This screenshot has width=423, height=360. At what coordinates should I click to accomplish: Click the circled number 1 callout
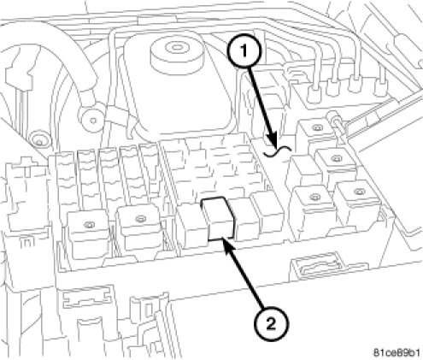[244, 52]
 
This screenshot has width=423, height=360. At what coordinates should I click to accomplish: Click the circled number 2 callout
[271, 324]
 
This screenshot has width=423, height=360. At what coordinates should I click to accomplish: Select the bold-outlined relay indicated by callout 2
[218, 218]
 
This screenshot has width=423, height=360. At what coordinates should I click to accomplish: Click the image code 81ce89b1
[397, 353]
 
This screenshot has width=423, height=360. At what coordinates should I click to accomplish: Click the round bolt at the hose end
[91, 120]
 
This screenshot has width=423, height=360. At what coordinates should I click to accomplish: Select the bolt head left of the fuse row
[38, 141]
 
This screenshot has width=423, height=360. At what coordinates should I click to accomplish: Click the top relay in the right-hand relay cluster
[315, 134]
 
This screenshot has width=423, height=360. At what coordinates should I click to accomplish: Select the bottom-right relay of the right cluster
[358, 206]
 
